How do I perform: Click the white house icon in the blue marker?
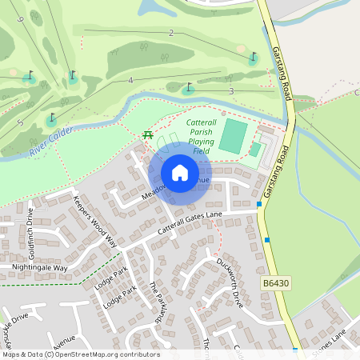coord(179,172)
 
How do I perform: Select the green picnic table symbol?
coord(148,134)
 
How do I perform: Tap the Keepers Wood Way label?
coord(94,221)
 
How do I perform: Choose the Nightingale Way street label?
coord(39,268)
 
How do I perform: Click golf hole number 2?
coord(171,33)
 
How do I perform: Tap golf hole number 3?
coord(230,91)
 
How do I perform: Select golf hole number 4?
coord(130,81)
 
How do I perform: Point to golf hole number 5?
coord(19,122)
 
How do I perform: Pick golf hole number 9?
coord(20,19)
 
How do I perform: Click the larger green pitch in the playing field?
coord(232,135)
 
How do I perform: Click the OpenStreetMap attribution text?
coord(80,354)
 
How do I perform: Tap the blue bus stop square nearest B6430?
coord(267,239)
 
